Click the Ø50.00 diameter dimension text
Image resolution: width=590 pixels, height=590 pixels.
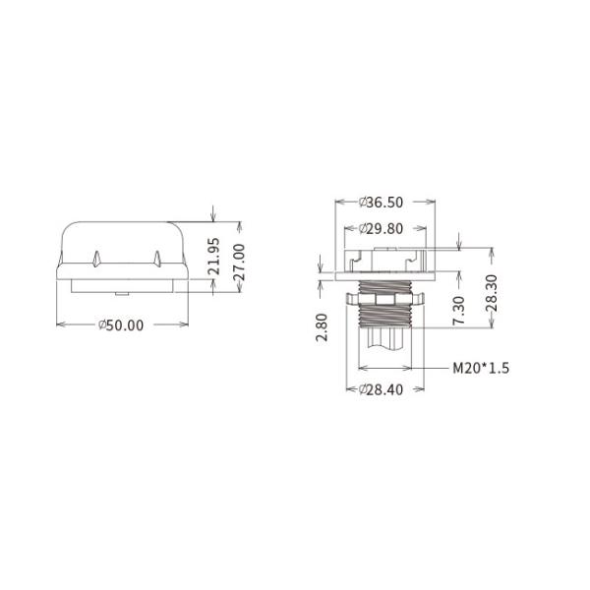coord(121,325)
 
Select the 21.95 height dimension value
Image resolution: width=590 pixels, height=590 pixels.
coord(214,256)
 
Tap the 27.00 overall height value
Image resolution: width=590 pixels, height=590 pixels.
coord(239,263)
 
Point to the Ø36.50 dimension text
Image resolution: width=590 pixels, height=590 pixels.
coord(381,203)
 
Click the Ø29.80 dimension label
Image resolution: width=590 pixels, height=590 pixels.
coord(381,229)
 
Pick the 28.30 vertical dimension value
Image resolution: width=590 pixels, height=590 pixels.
coord(492,293)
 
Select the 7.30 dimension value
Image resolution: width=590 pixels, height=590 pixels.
coord(458,311)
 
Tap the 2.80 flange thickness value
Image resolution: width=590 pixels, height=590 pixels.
coord(322,327)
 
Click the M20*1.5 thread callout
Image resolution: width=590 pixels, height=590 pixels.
coord(481,368)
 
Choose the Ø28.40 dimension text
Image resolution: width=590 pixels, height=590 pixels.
coord(381,389)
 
